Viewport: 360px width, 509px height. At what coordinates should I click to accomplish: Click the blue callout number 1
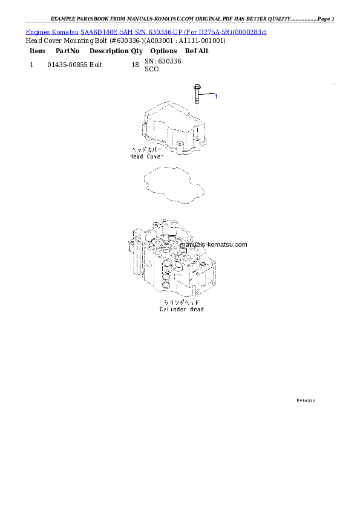click(x=216, y=96)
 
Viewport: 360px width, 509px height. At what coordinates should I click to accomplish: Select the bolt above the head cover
click(x=197, y=95)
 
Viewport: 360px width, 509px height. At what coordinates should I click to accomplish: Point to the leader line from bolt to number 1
click(x=206, y=95)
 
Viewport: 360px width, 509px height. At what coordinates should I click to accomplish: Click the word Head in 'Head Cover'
click(x=137, y=156)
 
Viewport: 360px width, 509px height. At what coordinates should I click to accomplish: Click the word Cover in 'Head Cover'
click(x=155, y=156)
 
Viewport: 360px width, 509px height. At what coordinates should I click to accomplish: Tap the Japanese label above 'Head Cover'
click(x=146, y=149)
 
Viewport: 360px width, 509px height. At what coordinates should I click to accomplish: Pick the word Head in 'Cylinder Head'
click(x=197, y=310)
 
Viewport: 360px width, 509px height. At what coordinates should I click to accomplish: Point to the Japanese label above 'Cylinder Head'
click(x=182, y=302)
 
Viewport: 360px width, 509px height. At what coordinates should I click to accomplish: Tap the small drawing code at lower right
click(x=306, y=401)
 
